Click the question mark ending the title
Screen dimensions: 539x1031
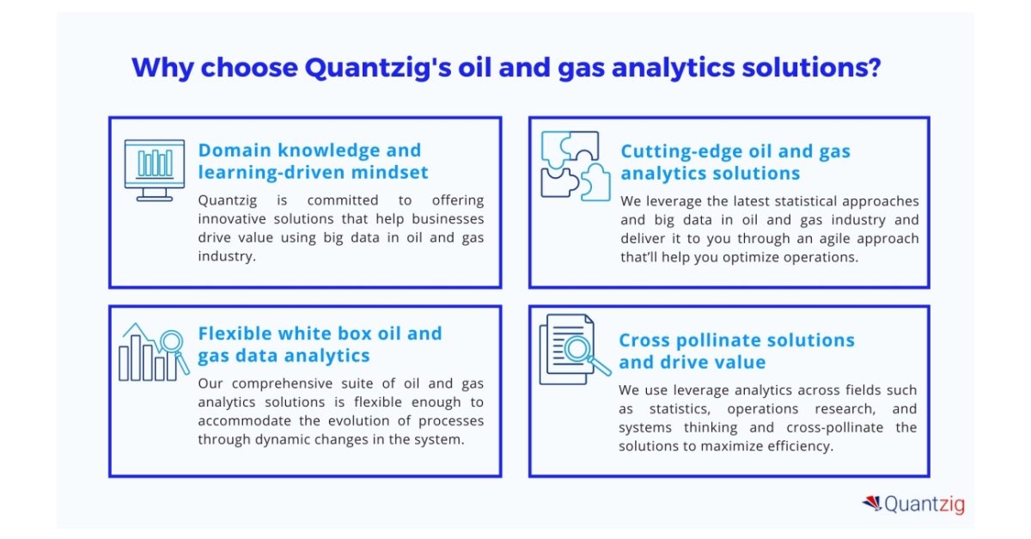874,68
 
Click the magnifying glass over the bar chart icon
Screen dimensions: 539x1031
173,342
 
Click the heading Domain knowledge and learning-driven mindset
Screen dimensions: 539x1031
313,162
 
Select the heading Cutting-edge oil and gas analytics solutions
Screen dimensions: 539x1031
735,162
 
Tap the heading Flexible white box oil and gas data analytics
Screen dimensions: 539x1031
320,344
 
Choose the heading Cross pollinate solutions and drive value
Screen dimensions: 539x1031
736,351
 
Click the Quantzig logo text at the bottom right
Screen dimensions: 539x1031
924,505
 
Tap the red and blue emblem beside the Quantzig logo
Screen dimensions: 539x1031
872,504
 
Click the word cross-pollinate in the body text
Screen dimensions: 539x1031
824,427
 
